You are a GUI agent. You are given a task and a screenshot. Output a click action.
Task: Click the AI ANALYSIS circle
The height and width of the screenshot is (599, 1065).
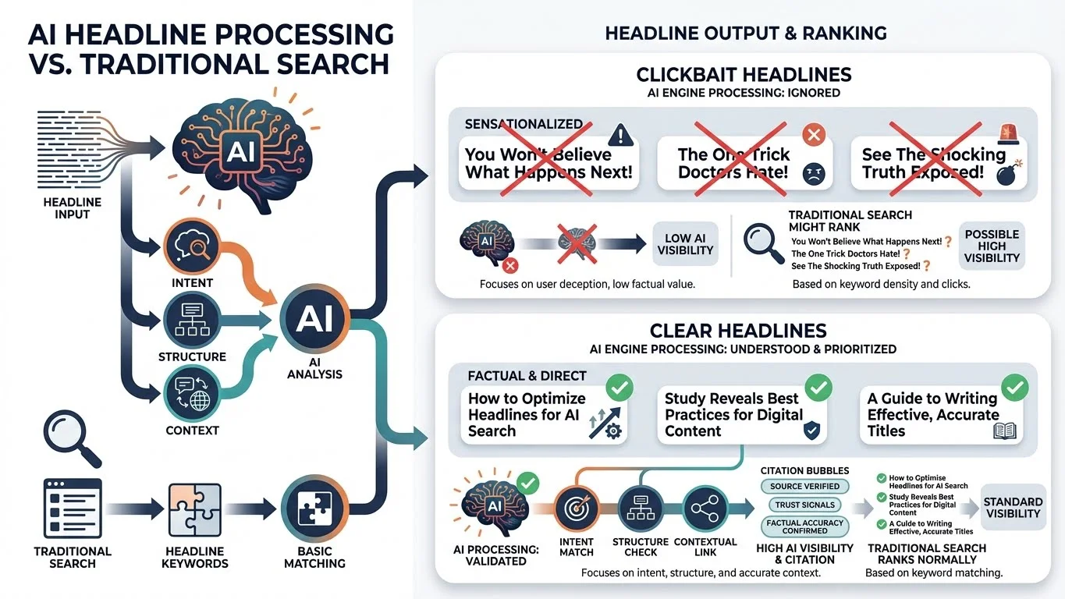point(314,319)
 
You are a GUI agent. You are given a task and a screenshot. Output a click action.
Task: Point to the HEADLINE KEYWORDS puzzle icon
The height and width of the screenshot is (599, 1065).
point(194,509)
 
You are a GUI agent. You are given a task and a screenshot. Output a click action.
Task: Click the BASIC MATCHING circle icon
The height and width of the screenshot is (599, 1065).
point(314,509)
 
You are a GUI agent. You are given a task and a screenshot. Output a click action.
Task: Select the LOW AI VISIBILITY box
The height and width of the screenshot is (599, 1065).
point(684,244)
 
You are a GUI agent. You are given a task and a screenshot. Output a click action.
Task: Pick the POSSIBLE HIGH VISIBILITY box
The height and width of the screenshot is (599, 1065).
point(992,246)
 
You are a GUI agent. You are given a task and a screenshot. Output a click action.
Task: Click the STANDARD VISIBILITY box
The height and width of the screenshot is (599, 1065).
point(1013,508)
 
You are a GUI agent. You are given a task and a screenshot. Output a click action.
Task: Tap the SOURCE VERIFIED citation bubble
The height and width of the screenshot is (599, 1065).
point(804,486)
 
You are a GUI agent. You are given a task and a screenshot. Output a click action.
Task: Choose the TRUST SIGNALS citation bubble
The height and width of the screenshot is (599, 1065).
point(804,505)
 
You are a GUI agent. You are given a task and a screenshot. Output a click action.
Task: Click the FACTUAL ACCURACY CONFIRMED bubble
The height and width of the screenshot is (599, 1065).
point(804,526)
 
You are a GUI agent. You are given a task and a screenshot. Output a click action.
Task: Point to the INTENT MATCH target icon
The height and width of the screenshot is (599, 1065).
point(577,509)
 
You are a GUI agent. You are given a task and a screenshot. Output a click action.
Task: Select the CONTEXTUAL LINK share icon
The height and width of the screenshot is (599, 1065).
point(705,509)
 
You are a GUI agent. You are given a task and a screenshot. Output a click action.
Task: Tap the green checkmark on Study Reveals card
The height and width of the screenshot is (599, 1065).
point(818,387)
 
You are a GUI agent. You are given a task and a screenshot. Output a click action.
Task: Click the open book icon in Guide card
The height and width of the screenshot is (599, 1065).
point(1006,429)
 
